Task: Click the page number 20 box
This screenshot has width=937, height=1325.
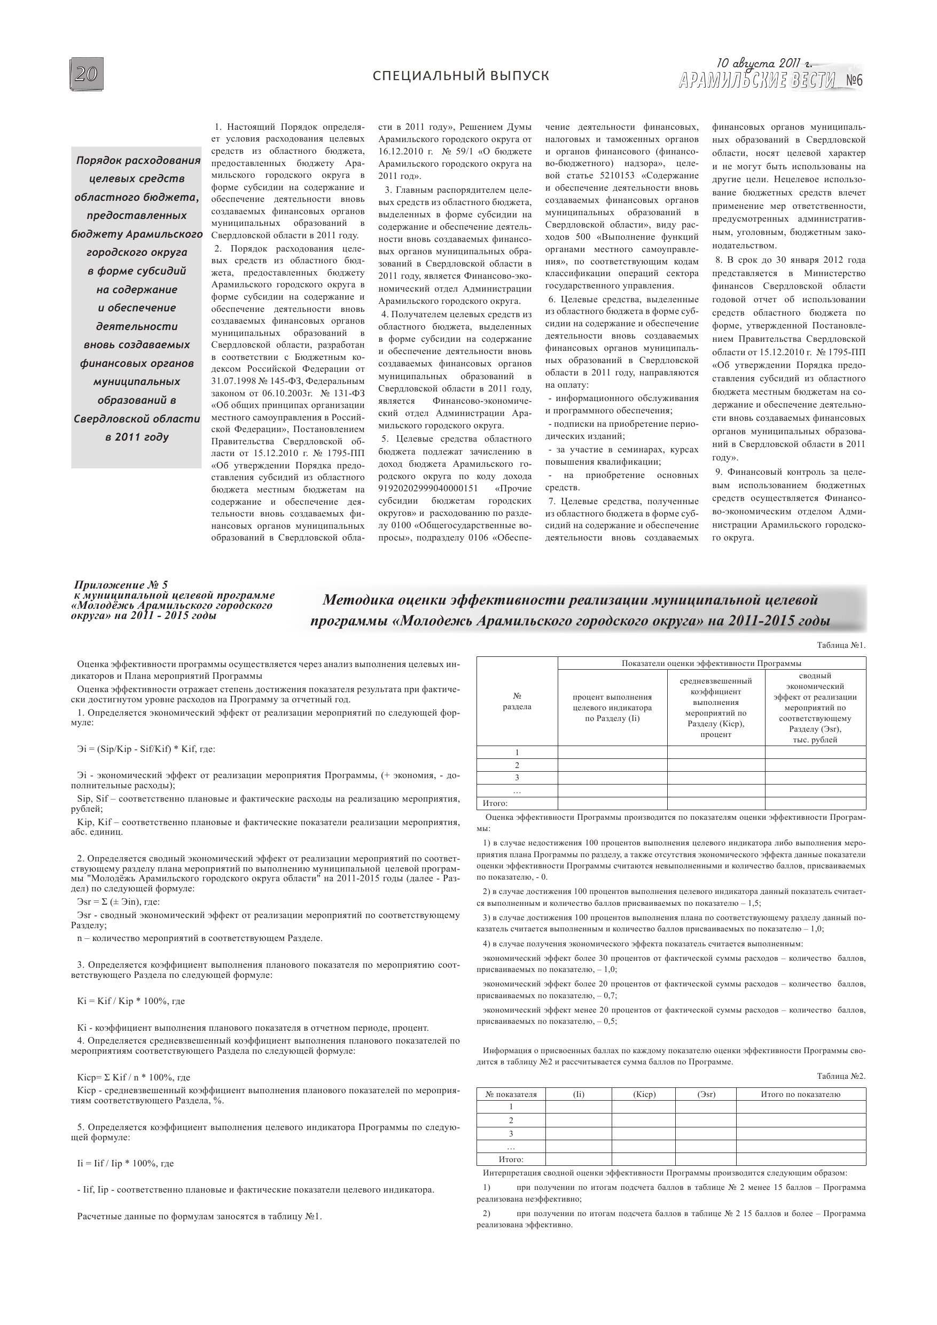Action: (x=87, y=74)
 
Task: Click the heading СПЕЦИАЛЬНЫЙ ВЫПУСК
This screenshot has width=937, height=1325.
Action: (x=460, y=76)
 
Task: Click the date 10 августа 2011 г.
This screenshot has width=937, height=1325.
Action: (x=764, y=64)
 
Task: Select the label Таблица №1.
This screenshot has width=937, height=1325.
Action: (x=841, y=646)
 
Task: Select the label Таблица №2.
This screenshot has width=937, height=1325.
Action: (x=841, y=1076)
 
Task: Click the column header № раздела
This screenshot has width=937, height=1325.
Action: (x=517, y=701)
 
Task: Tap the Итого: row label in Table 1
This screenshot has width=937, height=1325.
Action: (x=495, y=803)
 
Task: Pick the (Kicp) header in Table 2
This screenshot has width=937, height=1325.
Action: (x=644, y=1094)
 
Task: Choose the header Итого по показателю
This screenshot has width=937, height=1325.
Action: (x=800, y=1094)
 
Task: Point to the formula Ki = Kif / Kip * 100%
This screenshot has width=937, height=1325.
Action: (x=131, y=1001)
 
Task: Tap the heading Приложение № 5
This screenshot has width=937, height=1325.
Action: (x=121, y=585)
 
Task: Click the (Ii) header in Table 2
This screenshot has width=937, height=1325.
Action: (x=579, y=1094)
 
